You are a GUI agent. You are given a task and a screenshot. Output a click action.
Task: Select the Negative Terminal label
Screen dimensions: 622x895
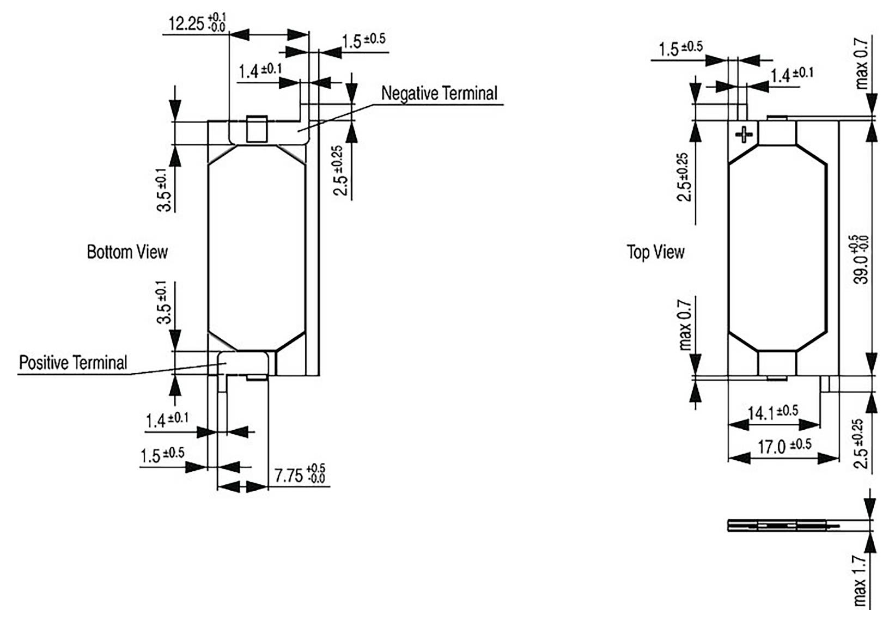coord(439,93)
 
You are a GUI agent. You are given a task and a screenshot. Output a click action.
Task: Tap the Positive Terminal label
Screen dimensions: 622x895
coord(73,363)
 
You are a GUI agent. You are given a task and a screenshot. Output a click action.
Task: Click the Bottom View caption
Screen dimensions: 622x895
coord(127,252)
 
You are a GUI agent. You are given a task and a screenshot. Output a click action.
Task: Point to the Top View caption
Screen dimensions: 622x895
coord(655,252)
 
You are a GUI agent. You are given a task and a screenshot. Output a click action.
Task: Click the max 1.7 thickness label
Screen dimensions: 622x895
coord(860,581)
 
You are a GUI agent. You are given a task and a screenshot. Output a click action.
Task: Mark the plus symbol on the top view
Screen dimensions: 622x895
coord(744,134)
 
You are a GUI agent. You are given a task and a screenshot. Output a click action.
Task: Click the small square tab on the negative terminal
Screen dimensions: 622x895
coord(257,129)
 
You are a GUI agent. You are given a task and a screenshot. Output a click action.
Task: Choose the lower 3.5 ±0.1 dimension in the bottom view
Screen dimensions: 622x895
coord(164,303)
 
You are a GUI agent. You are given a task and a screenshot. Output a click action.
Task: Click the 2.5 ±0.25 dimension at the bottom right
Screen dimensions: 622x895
coord(860,443)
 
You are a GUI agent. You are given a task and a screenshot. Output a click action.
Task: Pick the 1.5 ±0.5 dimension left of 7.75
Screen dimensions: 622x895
coord(162,455)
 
